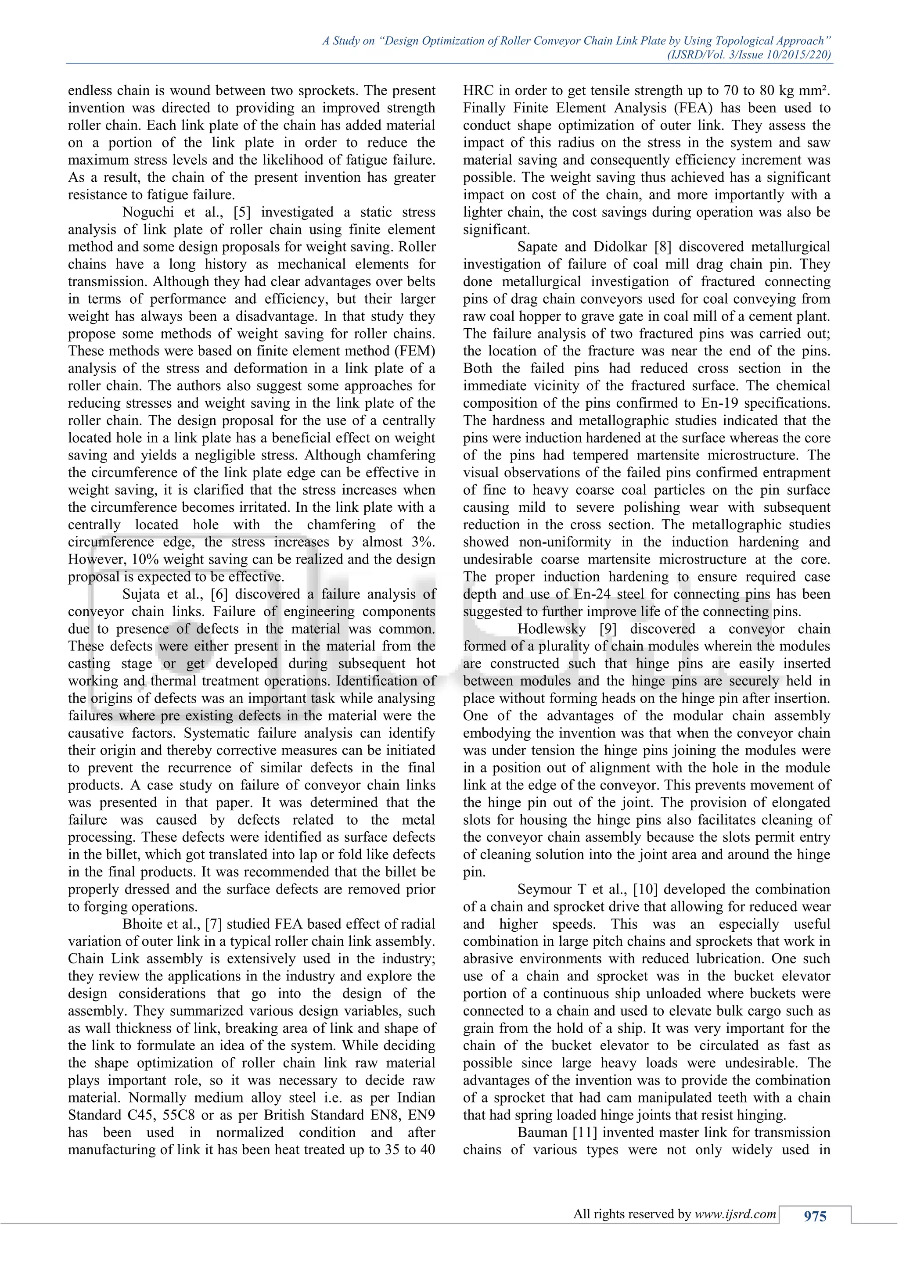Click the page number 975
(x=815, y=1216)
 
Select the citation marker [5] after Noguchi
(x=241, y=212)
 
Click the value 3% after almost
(x=424, y=542)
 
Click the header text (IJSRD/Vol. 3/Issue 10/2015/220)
(x=748, y=55)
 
